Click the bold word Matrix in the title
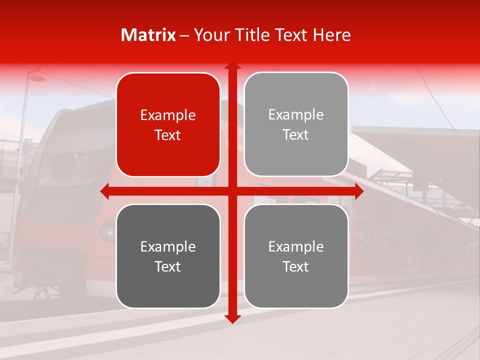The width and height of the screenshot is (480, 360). click(148, 35)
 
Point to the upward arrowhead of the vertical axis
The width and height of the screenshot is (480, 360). click(232, 65)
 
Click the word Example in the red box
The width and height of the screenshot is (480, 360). click(168, 115)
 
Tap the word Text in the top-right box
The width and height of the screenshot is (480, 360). click(296, 135)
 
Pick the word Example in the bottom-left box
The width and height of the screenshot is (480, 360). click(168, 247)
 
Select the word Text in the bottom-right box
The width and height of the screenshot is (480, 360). click(296, 267)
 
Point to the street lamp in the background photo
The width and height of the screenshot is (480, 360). click(36, 77)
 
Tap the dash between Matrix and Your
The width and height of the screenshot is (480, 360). click(184, 35)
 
